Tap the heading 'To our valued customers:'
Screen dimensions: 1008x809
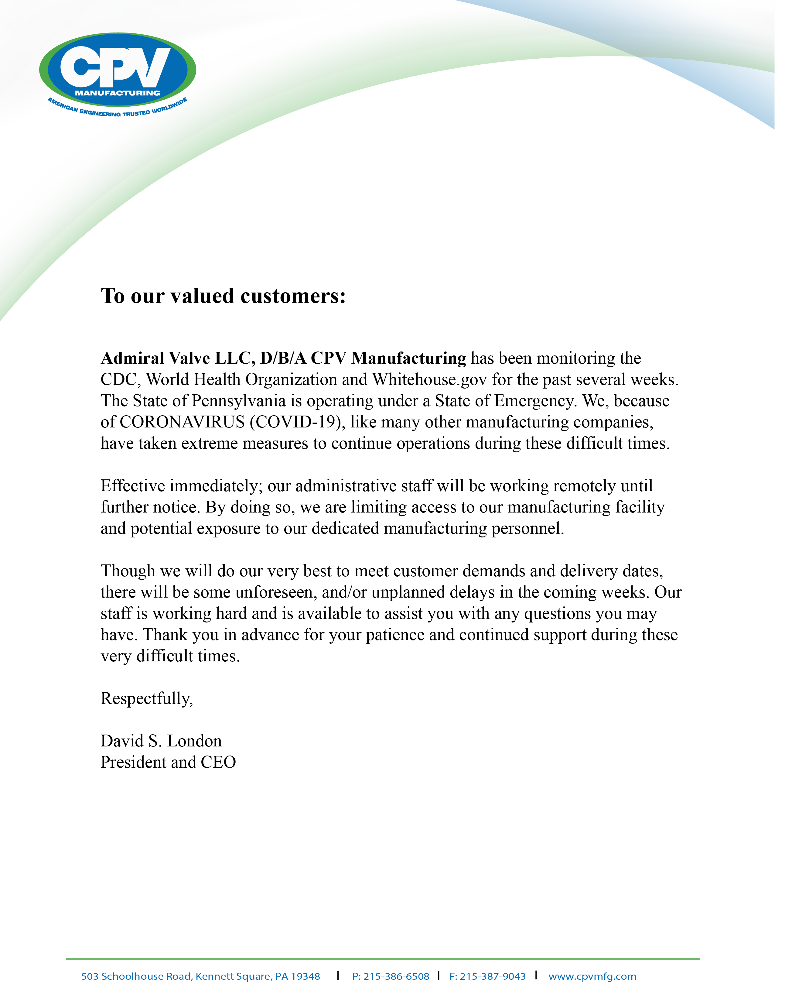224,296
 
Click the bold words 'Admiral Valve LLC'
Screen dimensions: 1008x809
178,358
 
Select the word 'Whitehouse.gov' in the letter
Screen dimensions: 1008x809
429,380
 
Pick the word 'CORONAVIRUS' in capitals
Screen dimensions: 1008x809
182,422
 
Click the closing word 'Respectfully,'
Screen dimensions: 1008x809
147,699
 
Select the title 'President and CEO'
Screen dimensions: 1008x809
168,763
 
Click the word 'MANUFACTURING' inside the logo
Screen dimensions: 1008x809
118,93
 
